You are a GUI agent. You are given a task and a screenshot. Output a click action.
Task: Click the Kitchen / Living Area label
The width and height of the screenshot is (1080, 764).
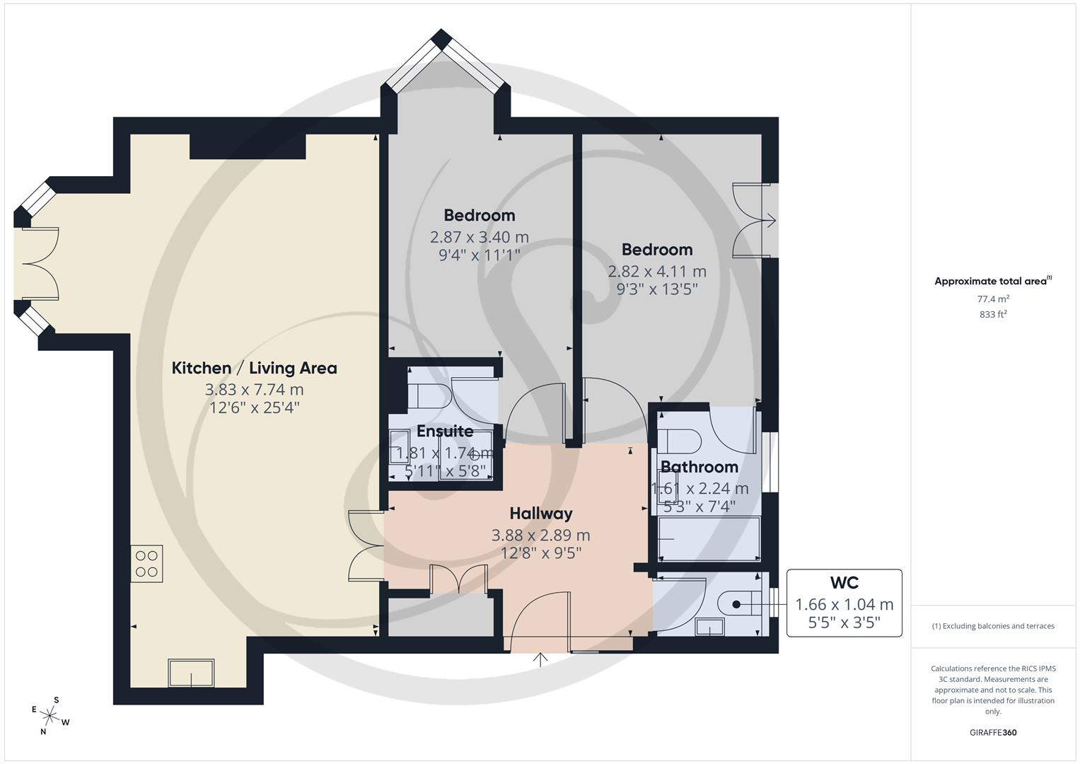(x=254, y=368)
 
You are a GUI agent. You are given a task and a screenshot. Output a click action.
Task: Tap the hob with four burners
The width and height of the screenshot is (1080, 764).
(x=146, y=564)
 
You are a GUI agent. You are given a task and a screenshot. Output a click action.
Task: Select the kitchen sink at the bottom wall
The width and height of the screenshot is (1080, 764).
(x=191, y=673)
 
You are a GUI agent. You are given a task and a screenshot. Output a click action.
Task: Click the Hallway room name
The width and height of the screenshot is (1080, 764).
(x=541, y=514)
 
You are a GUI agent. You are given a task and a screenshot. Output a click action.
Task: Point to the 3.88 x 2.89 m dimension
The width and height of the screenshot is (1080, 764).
(x=541, y=536)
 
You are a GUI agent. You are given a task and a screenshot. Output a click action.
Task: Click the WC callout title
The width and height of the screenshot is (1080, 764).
(x=844, y=583)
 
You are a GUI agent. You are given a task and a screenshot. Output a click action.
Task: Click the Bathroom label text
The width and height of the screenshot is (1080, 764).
(x=699, y=467)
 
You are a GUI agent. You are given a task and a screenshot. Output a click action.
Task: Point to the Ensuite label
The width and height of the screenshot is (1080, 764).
(x=445, y=431)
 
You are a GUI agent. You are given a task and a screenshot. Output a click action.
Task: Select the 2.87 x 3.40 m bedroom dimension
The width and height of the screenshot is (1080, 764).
(x=479, y=237)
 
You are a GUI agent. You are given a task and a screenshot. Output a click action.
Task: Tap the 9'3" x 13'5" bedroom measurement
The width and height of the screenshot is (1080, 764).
(x=656, y=289)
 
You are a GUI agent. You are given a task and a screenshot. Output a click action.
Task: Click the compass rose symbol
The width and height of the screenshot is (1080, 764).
(x=51, y=715)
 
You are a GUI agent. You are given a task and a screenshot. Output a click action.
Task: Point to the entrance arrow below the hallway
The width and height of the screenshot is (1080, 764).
(x=541, y=660)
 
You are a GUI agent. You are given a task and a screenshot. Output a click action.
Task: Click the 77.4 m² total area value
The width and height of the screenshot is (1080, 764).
(x=993, y=299)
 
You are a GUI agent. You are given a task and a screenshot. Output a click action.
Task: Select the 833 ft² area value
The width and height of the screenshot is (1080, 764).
(x=993, y=315)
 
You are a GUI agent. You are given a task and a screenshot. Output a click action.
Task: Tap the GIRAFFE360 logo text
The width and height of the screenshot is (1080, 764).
(x=993, y=732)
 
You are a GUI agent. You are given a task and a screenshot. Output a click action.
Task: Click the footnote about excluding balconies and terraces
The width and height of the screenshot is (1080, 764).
(x=993, y=626)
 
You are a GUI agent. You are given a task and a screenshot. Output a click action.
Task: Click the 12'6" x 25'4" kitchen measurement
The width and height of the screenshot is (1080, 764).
(x=254, y=408)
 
